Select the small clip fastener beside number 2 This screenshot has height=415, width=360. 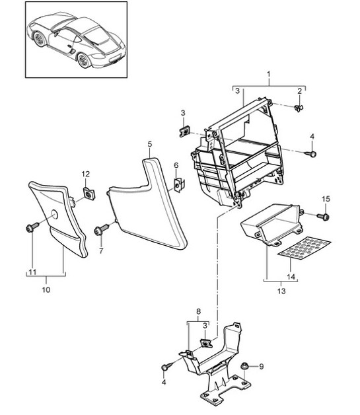click(x=300, y=107)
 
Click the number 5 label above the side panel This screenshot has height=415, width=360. click(x=150, y=143)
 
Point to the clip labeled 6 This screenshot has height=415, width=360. click(x=178, y=184)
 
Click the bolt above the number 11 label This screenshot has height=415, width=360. click(x=30, y=229)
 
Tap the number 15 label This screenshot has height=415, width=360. click(x=325, y=199)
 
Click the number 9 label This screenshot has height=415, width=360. click(x=261, y=365)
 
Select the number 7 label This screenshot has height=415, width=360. click(x=101, y=251)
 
